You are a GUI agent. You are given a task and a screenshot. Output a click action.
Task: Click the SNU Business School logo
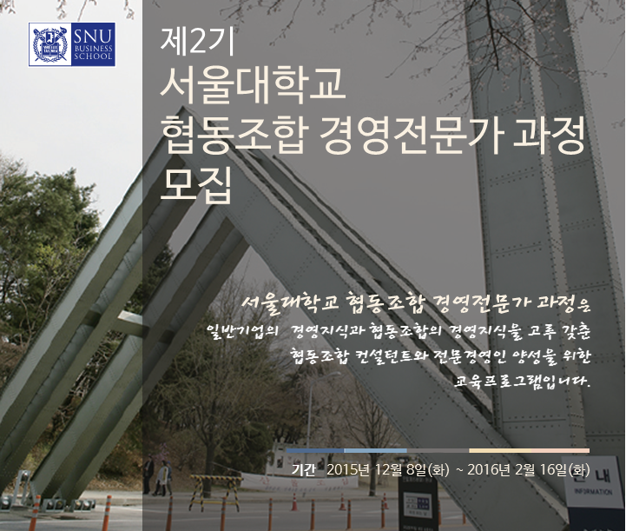(72, 44)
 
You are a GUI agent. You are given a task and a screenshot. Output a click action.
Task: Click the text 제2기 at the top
(198, 41)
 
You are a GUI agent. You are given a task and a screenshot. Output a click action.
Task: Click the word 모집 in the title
(196, 184)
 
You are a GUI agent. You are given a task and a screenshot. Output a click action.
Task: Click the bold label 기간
(303, 469)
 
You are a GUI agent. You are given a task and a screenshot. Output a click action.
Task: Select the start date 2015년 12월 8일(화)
(387, 469)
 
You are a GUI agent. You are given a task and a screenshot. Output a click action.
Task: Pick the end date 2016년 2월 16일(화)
(528, 469)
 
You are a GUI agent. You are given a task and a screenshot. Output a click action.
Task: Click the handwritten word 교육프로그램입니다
(522, 381)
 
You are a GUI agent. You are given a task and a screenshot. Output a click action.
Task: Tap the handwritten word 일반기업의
(242, 332)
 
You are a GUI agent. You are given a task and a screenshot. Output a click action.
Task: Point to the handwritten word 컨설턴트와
(386, 356)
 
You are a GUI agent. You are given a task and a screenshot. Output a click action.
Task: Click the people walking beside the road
(158, 477)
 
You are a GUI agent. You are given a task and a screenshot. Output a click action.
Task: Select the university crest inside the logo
(49, 44)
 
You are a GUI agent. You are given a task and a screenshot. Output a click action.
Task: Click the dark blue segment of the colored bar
(315, 451)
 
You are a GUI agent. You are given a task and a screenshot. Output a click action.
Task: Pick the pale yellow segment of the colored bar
(500, 451)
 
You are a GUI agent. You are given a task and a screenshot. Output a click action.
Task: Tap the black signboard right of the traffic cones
(418, 502)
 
